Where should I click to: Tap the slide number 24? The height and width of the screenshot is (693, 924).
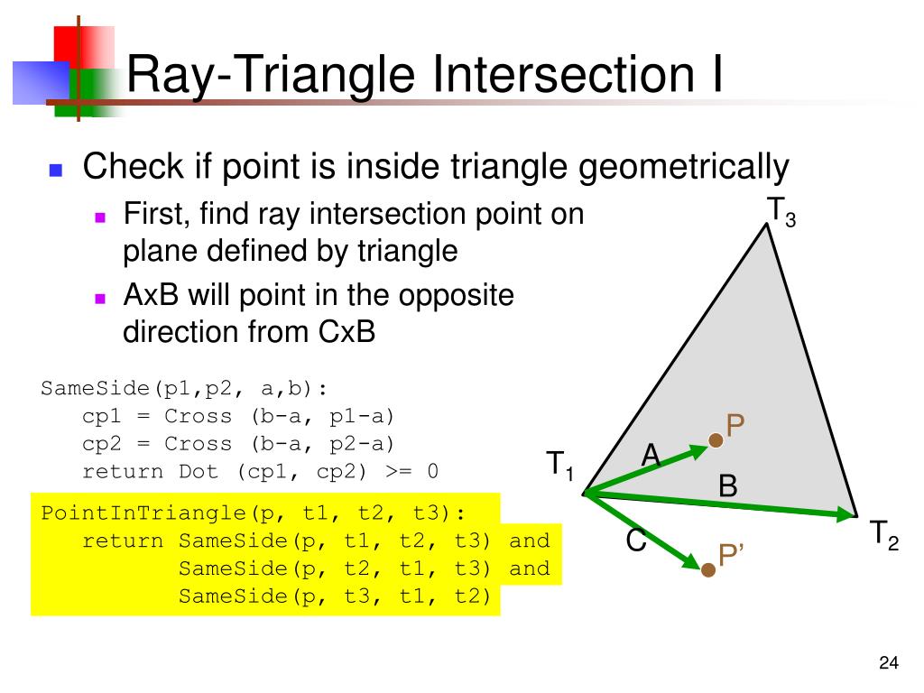[888, 664]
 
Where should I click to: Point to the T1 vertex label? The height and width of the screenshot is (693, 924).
[559, 466]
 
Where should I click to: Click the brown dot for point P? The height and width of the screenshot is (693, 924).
[716, 440]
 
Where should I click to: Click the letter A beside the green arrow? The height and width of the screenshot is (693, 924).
[651, 457]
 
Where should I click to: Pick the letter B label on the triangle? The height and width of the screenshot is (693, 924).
[727, 486]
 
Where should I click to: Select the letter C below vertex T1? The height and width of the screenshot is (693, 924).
[636, 541]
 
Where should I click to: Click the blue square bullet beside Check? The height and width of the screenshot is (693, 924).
[56, 170]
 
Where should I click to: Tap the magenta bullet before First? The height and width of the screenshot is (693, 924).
[101, 217]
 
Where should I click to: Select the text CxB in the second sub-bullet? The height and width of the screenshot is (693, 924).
[346, 332]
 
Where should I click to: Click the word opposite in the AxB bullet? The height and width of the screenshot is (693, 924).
[461, 296]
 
